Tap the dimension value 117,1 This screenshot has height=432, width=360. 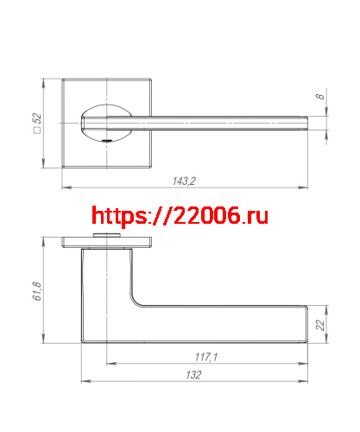pyautogui.click(x=205, y=357)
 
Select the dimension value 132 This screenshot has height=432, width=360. pyautogui.click(x=193, y=375)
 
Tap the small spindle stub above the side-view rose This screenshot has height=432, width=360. pyautogui.click(x=108, y=235)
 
